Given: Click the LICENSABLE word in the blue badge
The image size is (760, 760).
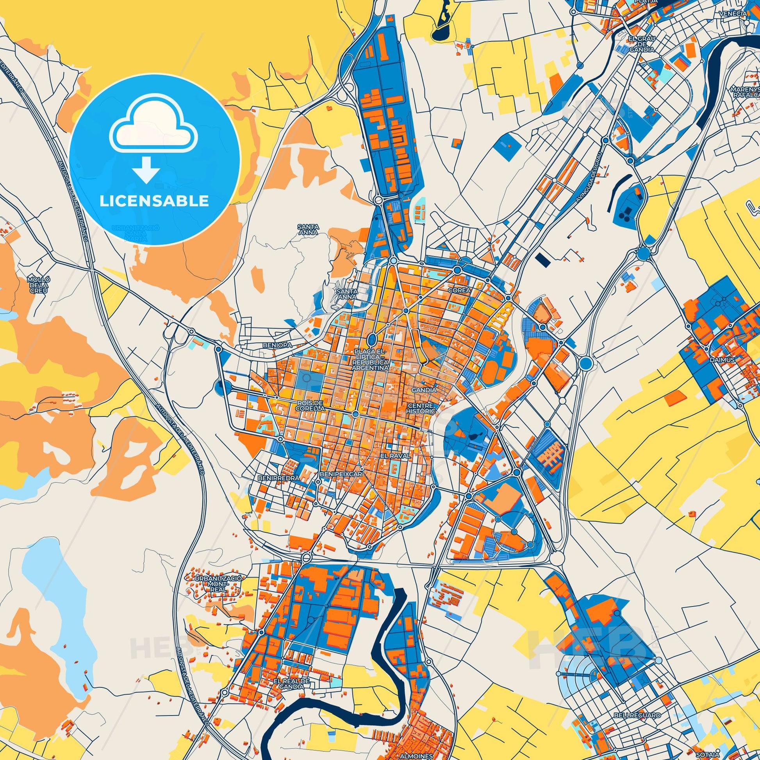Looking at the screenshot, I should [154, 201].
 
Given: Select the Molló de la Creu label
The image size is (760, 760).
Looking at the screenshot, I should [39, 285].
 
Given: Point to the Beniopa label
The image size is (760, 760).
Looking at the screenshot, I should [277, 345].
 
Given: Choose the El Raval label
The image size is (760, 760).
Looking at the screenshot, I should [396, 455].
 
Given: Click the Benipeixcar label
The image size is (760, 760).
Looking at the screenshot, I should [341, 475].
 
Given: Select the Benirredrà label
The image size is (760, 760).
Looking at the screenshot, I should [278, 478].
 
